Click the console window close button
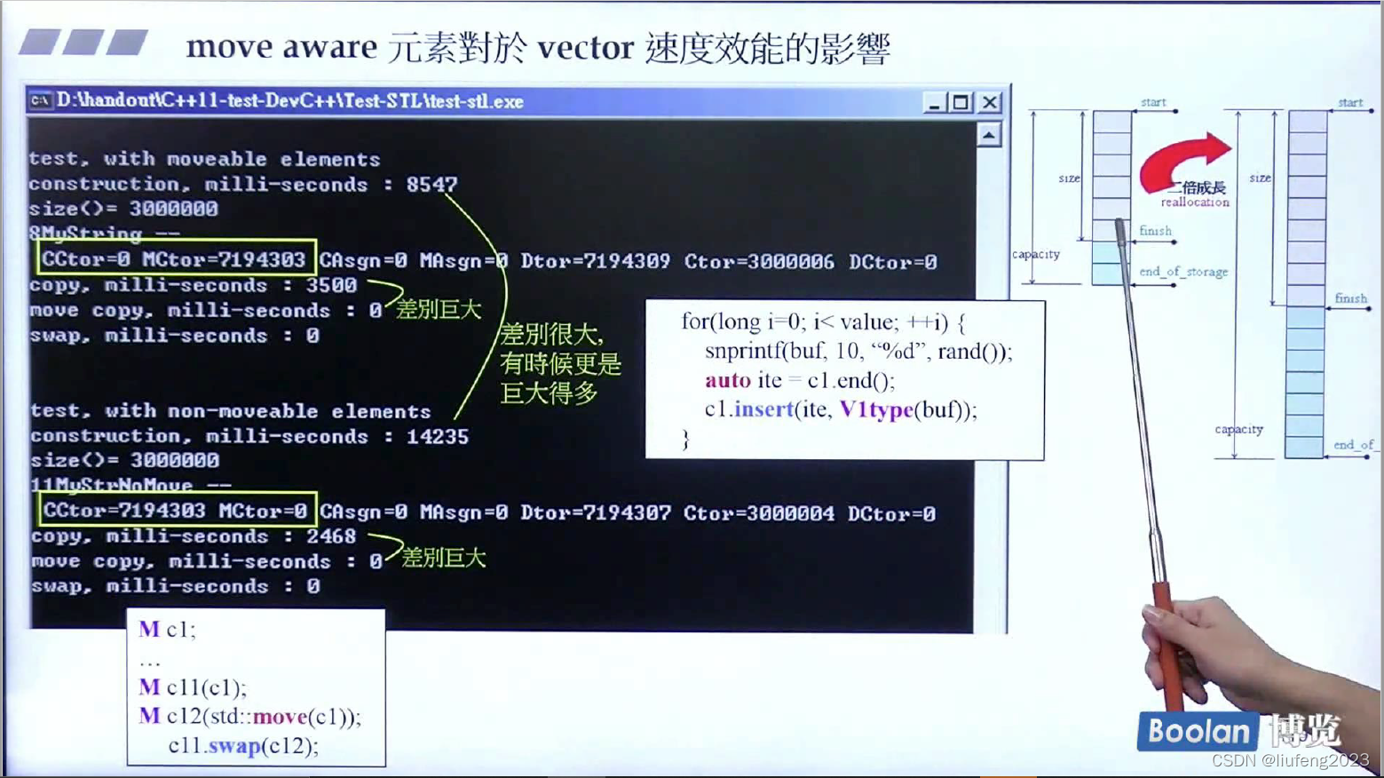click(x=990, y=102)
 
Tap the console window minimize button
click(x=933, y=102)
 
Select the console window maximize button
click(x=961, y=102)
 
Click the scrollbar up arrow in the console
click(x=988, y=135)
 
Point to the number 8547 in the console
click(x=431, y=184)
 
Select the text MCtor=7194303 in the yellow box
click(x=224, y=259)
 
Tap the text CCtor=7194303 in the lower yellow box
click(x=124, y=511)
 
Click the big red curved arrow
click(x=1184, y=160)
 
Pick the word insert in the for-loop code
click(x=763, y=409)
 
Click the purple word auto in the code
click(x=727, y=380)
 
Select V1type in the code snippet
click(x=875, y=409)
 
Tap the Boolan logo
click(x=1197, y=732)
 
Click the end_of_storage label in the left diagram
click(x=1182, y=272)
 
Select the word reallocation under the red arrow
click(x=1195, y=202)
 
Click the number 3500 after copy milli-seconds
click(x=331, y=285)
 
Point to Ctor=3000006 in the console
click(x=759, y=261)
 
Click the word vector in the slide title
click(x=585, y=47)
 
